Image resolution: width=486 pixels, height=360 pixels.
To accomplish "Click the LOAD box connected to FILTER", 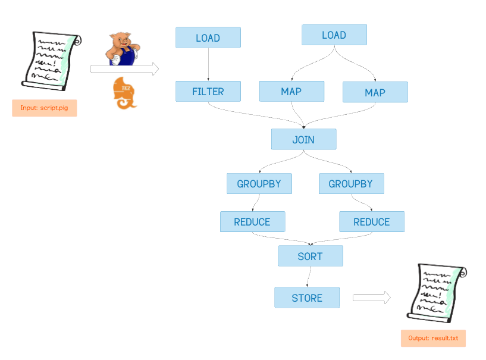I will coord(208,37).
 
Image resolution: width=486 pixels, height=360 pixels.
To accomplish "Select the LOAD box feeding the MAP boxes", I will coord(334,35).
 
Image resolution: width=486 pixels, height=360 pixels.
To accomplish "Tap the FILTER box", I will coord(208,92).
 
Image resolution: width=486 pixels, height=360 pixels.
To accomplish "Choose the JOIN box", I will coord(303,139).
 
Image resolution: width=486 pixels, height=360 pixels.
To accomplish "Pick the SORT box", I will coord(310,256).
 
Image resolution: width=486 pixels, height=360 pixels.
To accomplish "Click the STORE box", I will coord(306,298).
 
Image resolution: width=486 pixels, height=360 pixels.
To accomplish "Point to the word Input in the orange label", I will coord(29,108).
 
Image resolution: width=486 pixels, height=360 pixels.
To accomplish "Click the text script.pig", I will coord(55,108).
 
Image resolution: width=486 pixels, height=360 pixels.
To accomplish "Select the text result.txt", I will coord(446,339).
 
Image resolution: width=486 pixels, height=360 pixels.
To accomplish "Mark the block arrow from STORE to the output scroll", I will coord(371,298).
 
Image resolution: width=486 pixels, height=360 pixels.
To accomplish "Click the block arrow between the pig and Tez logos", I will coord(124,70).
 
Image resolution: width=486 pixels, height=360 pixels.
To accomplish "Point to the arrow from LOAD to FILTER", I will coord(208,64).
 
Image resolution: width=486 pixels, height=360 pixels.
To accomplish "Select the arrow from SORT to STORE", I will coord(308,277).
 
